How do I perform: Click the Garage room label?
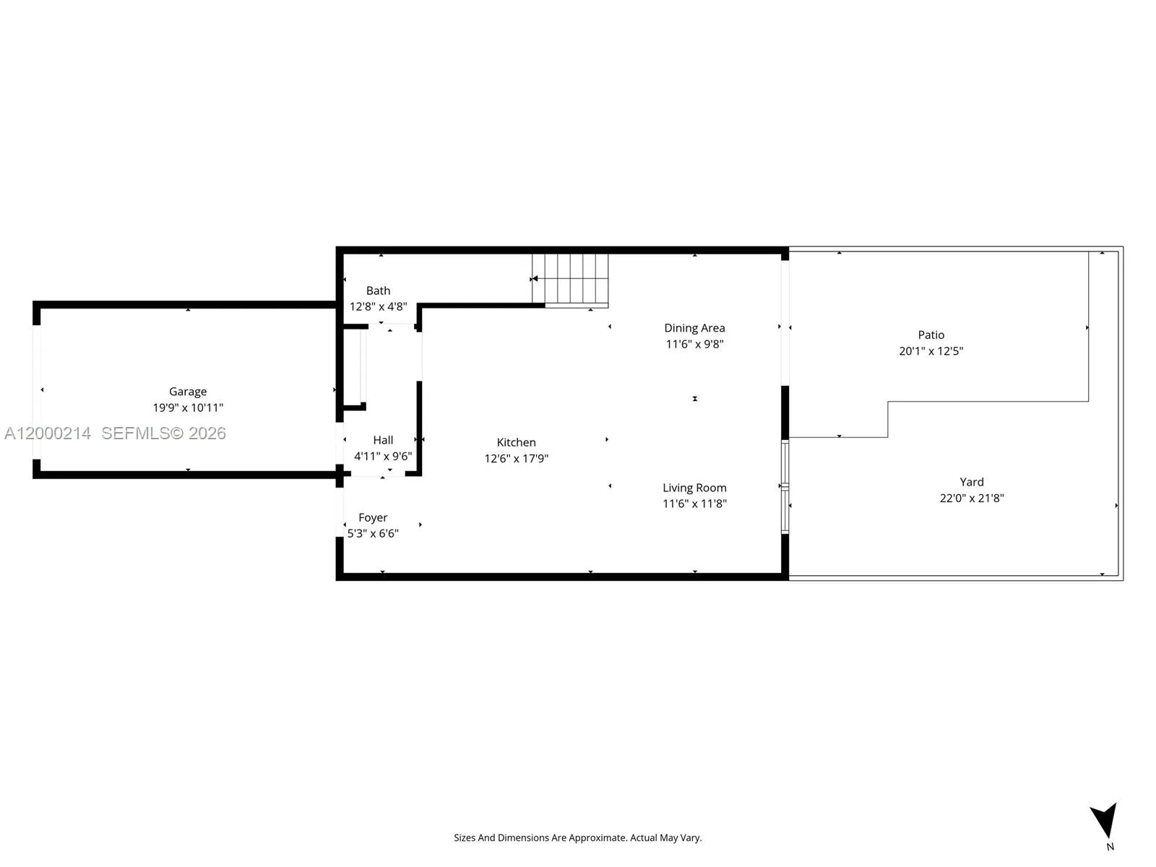point(188,392)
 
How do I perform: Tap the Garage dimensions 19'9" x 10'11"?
point(188,407)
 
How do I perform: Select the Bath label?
point(378,290)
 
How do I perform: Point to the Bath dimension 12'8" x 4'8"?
point(378,306)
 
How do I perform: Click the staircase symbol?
point(570,279)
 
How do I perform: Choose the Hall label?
point(383,440)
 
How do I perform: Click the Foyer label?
point(373,517)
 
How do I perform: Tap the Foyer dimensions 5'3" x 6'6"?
point(373,533)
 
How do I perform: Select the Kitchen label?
point(516,442)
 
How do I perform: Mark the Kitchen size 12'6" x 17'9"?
point(516,458)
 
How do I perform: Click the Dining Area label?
point(694,328)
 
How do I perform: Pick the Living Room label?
point(694,488)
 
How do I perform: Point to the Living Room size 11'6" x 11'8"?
point(694,504)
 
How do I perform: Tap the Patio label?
point(931,335)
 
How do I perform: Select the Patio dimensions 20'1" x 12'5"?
point(931,351)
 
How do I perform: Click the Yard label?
point(971,482)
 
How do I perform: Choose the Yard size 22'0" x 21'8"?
point(971,498)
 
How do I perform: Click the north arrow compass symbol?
point(1105,822)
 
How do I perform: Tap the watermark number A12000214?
point(48,433)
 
